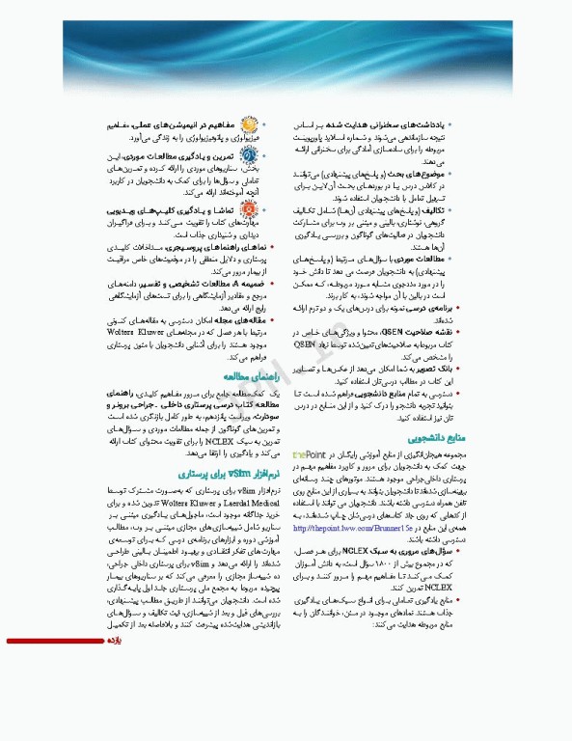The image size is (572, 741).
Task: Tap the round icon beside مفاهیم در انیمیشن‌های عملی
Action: (249, 125)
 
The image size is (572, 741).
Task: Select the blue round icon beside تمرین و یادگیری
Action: (249, 157)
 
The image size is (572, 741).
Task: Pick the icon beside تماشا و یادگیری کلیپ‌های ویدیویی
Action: (249, 212)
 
